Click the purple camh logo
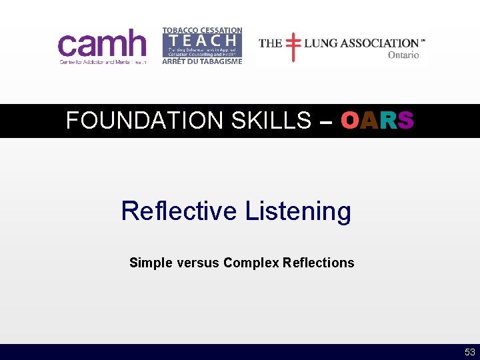[x=102, y=44]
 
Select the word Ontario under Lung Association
[x=403, y=55]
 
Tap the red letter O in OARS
[x=350, y=121]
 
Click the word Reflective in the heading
[x=179, y=211]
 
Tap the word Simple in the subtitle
[x=150, y=263]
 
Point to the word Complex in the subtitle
[x=251, y=263]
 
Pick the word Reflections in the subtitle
[x=319, y=263]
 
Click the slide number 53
[x=470, y=352]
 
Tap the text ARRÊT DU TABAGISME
[x=202, y=61]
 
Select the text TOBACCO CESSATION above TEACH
[x=202, y=31]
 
